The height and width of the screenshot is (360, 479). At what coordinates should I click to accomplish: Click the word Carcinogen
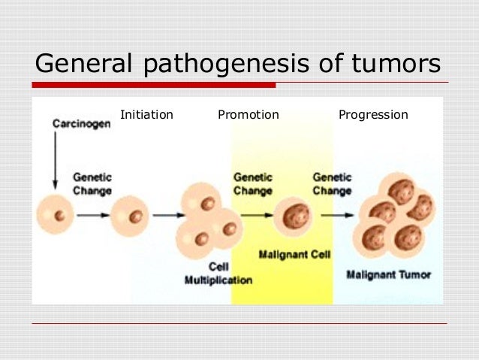point(81,123)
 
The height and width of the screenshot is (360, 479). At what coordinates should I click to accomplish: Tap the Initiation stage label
point(146,115)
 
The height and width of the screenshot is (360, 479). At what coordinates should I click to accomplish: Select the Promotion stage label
point(248,115)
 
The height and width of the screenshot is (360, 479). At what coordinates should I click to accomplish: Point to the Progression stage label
point(373,115)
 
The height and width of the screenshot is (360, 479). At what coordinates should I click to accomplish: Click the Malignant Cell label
point(294,254)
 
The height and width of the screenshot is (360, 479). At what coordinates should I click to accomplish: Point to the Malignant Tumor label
point(388,274)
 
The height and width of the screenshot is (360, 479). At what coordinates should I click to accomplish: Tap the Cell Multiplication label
point(218,273)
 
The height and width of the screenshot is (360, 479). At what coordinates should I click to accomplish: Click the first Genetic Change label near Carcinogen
point(92,184)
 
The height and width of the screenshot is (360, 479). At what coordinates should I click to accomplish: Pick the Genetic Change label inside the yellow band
point(253,184)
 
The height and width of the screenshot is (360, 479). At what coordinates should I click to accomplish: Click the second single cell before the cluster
point(131,216)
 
